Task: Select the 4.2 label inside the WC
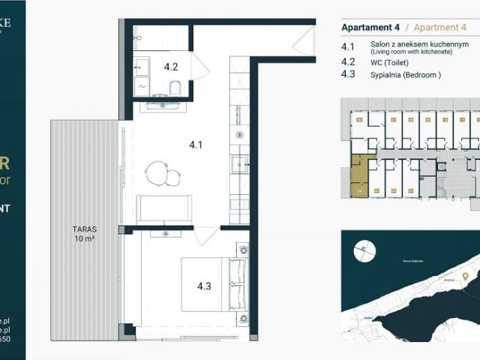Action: click(170, 67)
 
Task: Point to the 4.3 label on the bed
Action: click(205, 286)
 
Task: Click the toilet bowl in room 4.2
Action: click(175, 88)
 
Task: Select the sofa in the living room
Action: click(164, 208)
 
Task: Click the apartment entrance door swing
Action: click(304, 41)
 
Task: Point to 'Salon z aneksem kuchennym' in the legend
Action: click(419, 45)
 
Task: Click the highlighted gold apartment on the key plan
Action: click(362, 176)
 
